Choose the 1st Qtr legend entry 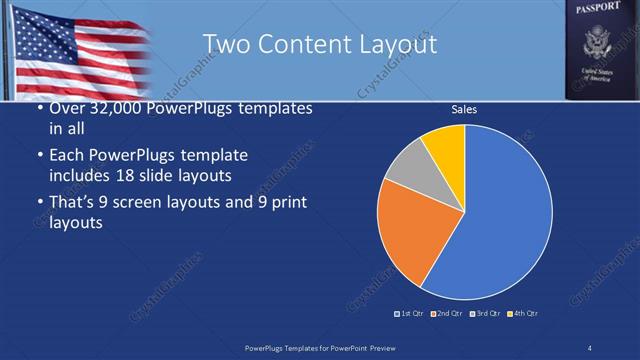click(x=410, y=314)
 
